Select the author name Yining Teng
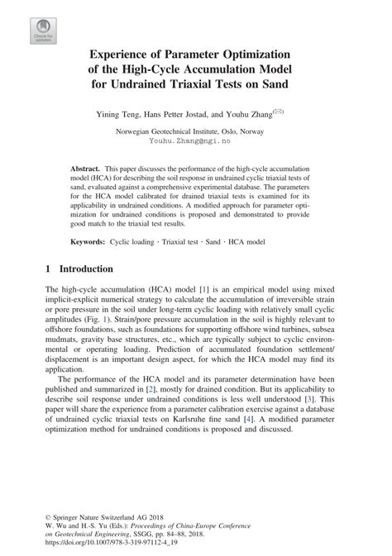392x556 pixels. (x=122, y=112)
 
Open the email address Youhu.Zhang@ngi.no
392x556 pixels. (x=196, y=141)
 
